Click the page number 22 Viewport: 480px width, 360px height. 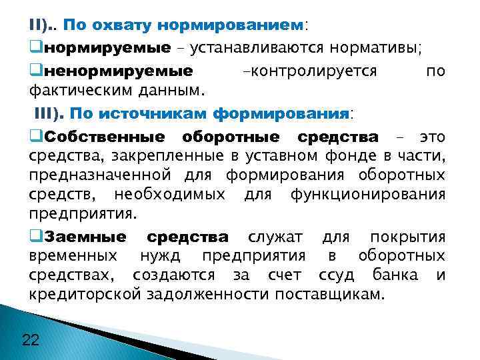(x=31, y=340)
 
